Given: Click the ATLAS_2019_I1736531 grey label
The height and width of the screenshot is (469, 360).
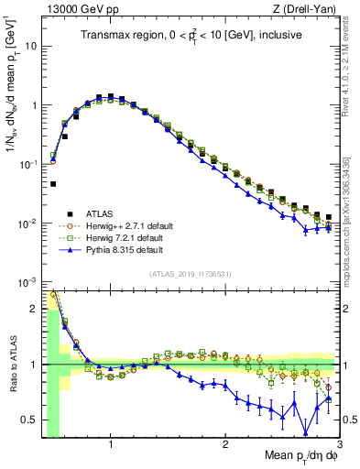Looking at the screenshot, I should pyautogui.click(x=191, y=274).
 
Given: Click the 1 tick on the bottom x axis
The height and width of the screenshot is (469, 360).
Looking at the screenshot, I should pyautogui.click(x=111, y=445).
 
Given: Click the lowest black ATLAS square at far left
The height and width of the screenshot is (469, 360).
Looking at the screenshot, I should pyautogui.click(x=53, y=184).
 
